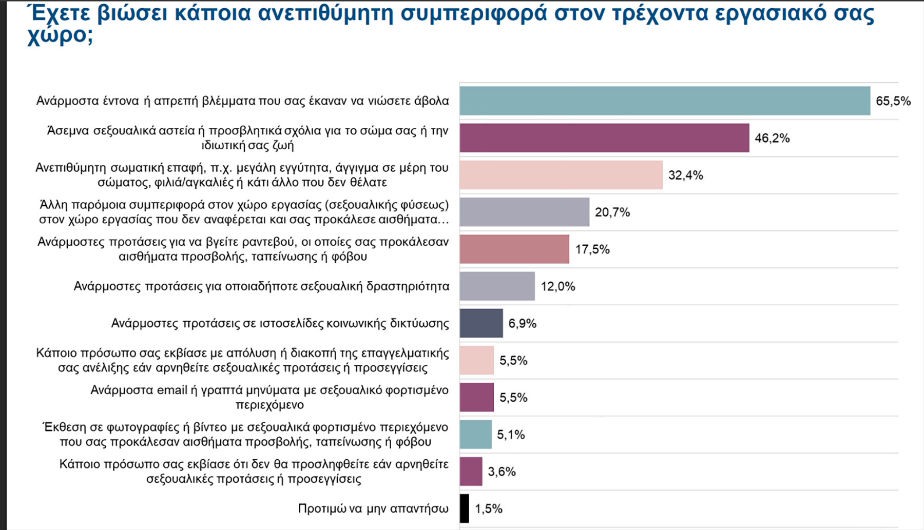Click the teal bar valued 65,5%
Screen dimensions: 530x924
(x=665, y=101)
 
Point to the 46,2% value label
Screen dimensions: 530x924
(x=772, y=138)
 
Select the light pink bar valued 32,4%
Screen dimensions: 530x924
(x=561, y=175)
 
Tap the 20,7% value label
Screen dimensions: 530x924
(x=612, y=212)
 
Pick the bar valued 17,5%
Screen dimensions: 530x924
(x=514, y=249)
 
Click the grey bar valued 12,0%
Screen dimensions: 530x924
(x=497, y=286)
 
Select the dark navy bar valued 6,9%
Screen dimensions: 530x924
(x=481, y=323)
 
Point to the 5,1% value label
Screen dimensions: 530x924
(x=511, y=435)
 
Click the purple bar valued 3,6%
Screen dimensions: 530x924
(x=471, y=472)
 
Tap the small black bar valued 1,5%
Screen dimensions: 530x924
(x=464, y=508)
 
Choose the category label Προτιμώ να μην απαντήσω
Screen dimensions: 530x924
(x=373, y=508)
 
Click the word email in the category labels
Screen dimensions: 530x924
(x=172, y=390)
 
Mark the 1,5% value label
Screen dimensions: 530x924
(x=489, y=509)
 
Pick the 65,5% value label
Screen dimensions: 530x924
(x=893, y=101)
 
